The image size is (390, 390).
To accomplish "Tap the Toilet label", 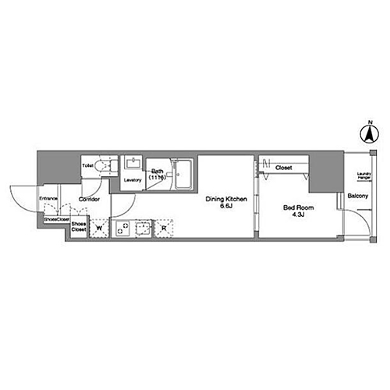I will (x=88, y=165).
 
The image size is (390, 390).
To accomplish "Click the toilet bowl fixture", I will (x=108, y=166).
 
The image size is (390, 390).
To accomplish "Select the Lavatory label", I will (x=132, y=180).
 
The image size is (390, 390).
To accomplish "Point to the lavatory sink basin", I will (x=132, y=165).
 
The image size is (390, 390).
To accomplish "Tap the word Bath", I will (x=157, y=171).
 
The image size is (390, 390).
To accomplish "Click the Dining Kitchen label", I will (x=226, y=200).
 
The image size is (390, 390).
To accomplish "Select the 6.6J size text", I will (x=226, y=207).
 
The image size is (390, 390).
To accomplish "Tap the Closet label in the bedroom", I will (x=283, y=167).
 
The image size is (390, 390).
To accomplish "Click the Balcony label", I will (x=358, y=195).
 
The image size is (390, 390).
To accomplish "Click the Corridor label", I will (x=87, y=199).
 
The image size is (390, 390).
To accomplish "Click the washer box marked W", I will (x=100, y=229).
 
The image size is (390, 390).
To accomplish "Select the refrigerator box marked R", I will (x=165, y=229).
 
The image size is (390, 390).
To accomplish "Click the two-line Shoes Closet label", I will (x=79, y=227).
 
